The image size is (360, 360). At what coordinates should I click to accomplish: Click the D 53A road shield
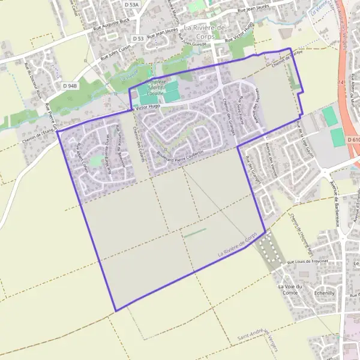coord(131,4)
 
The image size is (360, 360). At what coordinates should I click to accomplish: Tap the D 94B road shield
coord(70,86)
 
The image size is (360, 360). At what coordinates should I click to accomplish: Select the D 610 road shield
coord(353,140)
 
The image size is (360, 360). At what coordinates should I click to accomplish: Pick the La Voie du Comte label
coord(289,290)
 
